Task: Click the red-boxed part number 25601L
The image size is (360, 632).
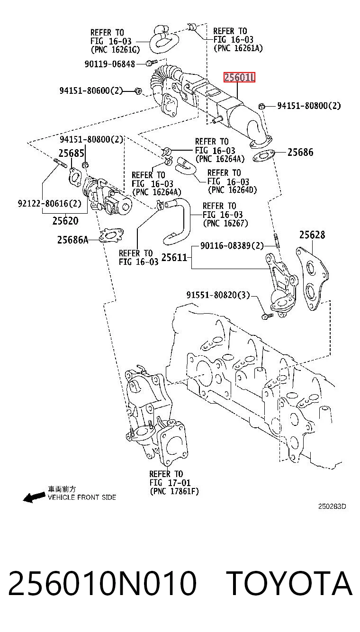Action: (x=239, y=77)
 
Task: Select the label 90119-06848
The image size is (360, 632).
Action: (x=110, y=64)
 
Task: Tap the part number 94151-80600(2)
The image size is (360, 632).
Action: (x=91, y=90)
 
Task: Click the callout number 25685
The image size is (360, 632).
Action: (x=72, y=153)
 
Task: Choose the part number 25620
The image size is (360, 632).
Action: (x=65, y=221)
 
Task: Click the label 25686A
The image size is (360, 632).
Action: (x=73, y=240)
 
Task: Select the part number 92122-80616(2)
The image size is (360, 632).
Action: (x=50, y=203)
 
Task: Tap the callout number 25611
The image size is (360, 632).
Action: (x=174, y=257)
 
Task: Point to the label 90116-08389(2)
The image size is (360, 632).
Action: (x=232, y=246)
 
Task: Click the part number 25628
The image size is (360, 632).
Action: (x=312, y=235)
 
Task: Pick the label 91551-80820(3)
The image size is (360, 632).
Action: (x=218, y=295)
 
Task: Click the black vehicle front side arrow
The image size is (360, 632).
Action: (x=34, y=497)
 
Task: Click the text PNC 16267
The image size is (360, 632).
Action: (x=225, y=224)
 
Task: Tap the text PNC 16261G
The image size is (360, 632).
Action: (x=115, y=50)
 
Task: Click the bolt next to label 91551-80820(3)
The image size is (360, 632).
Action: (x=267, y=316)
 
